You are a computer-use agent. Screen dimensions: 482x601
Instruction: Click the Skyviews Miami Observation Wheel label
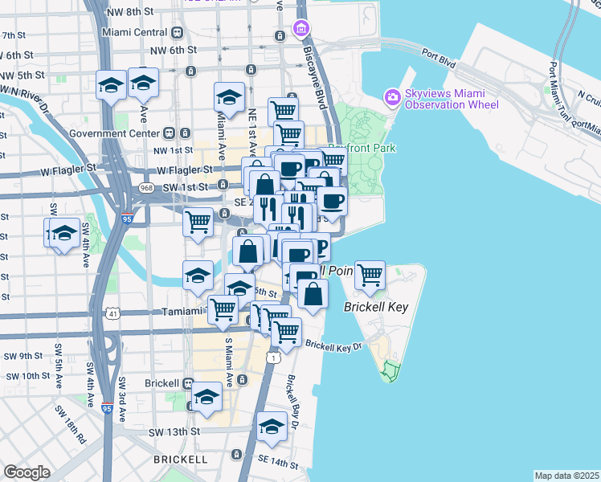(452, 99)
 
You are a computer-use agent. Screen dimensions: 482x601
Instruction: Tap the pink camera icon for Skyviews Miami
(392, 97)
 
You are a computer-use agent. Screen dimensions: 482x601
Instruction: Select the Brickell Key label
(376, 307)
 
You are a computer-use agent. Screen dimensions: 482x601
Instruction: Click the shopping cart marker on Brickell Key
(370, 276)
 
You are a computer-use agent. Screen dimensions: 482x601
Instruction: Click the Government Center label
(115, 133)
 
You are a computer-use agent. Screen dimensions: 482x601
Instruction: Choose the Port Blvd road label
(444, 57)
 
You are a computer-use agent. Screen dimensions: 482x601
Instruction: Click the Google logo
(27, 472)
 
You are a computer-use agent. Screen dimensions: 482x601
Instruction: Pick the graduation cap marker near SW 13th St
(272, 426)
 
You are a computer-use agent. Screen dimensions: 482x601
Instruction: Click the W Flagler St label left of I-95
(68, 168)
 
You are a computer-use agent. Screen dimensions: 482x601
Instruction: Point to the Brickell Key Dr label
(334, 346)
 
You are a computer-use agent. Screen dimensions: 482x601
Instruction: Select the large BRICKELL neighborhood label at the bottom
(180, 460)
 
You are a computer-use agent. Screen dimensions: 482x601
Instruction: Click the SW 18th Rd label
(71, 425)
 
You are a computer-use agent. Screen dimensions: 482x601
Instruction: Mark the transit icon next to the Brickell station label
(187, 383)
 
